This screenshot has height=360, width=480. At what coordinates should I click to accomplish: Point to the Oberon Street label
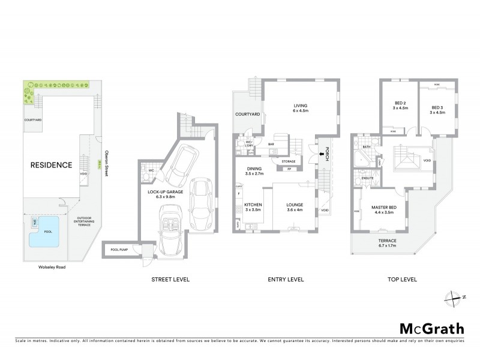click(106, 161)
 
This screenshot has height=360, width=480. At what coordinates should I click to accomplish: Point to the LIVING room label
click(292, 107)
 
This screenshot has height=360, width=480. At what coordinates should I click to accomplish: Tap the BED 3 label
click(436, 108)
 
